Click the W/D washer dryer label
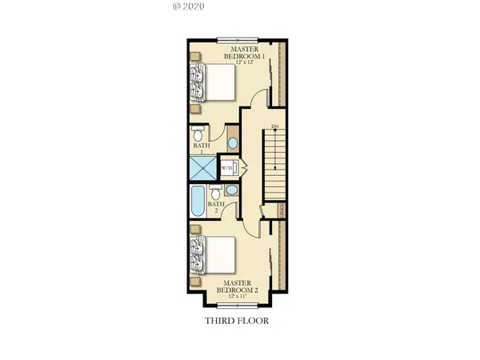click(226, 168)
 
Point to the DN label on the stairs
click(274, 127)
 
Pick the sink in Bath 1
click(232, 143)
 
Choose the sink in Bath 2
click(230, 191)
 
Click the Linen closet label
click(282, 210)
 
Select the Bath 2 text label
click(214, 208)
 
